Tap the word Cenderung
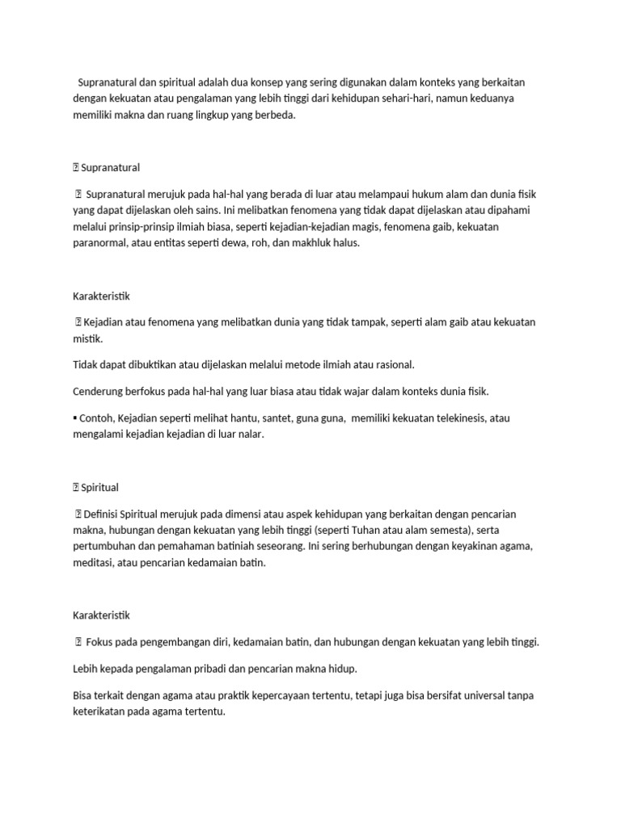pos(100,392)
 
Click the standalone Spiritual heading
pos(99,487)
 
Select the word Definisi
pos(104,514)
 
